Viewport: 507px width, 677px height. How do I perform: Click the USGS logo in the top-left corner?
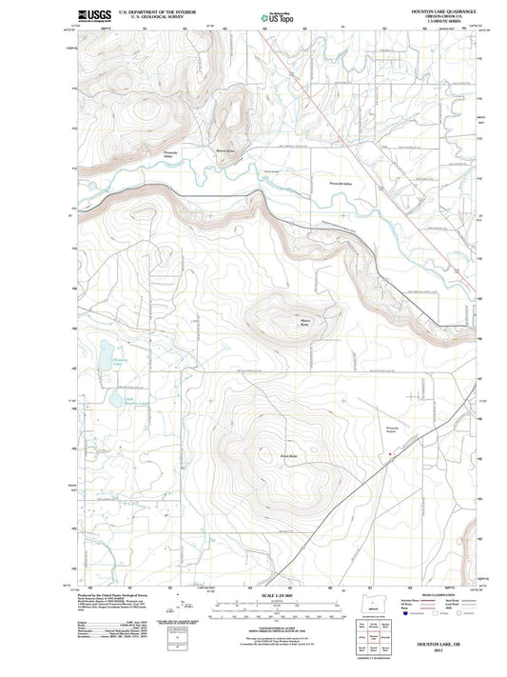pyautogui.click(x=93, y=16)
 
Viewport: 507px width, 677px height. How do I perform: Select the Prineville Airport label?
pyautogui.click(x=391, y=431)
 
